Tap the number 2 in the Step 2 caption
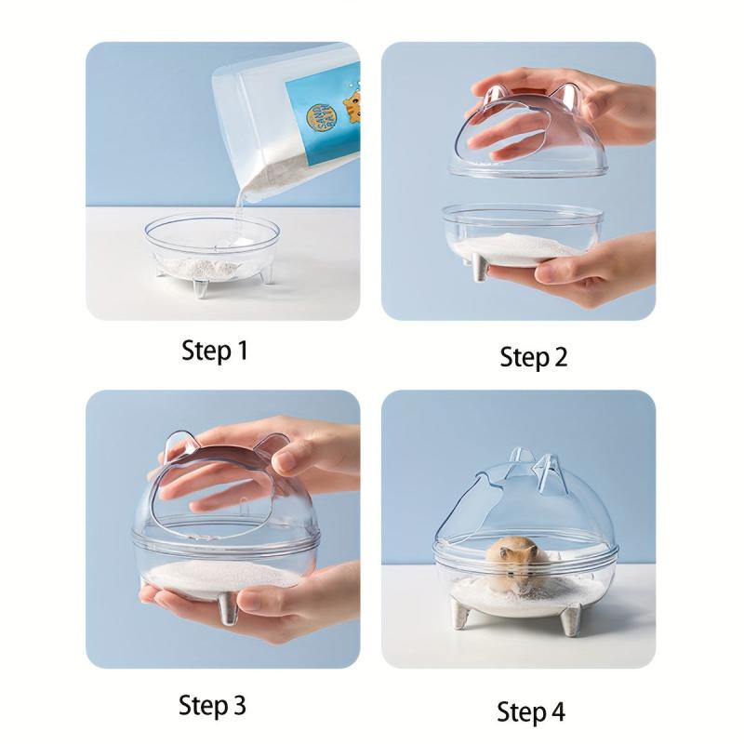pyautogui.click(x=559, y=357)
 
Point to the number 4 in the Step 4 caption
pyautogui.click(x=556, y=712)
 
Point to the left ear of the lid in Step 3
pyautogui.click(x=176, y=445)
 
